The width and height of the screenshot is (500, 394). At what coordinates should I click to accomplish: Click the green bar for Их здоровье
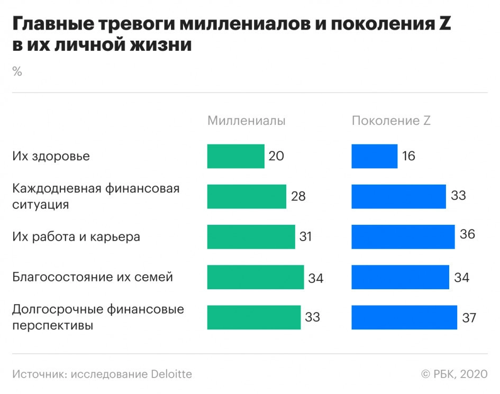point(235,156)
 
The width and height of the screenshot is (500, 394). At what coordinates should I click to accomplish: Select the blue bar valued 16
point(375,156)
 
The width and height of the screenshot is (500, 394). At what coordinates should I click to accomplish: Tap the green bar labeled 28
point(247,196)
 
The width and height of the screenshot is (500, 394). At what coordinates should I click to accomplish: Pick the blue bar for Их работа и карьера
point(403,236)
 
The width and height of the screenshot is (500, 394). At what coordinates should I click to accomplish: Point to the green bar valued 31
point(251,236)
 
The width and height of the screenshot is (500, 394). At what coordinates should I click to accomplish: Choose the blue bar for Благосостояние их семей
point(401,277)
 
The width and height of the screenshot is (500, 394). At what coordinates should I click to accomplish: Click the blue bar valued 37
point(404,317)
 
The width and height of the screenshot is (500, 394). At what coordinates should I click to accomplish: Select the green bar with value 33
point(254,317)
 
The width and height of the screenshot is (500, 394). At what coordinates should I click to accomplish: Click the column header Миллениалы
point(247,121)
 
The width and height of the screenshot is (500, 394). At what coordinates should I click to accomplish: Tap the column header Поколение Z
point(391,121)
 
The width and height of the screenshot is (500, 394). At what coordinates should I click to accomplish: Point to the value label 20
point(276,156)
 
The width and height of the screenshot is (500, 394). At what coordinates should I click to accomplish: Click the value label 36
point(467,234)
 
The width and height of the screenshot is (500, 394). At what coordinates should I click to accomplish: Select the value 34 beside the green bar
point(315,278)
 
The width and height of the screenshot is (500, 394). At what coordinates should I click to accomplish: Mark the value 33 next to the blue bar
point(458,196)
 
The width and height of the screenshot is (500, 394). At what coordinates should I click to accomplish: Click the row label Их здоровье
point(51,156)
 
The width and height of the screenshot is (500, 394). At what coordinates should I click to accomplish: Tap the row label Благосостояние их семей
point(93,277)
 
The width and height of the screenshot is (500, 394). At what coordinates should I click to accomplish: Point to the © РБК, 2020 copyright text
point(454,374)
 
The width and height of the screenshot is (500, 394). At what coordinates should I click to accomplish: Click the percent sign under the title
point(17,72)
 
